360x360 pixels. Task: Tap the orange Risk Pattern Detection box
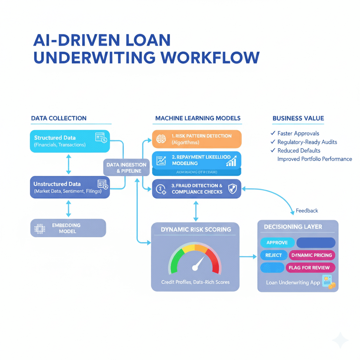tap(197, 139)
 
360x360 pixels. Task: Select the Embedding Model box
tap(68, 228)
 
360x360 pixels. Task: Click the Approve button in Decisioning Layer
tap(277, 243)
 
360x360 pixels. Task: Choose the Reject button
tap(274, 255)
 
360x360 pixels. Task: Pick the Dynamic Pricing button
tap(312, 255)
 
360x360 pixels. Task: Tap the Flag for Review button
tap(309, 268)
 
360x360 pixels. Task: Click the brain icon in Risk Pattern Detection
tap(161, 139)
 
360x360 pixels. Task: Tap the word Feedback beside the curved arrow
tap(307, 211)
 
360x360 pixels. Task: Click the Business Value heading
tap(298, 118)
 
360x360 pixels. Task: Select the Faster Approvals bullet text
tap(298, 133)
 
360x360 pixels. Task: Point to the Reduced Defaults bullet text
tap(299, 150)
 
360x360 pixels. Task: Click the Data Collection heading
tap(59, 118)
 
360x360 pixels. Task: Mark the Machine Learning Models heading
tap(198, 118)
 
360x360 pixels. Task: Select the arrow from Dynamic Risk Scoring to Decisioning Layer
tap(248, 257)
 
